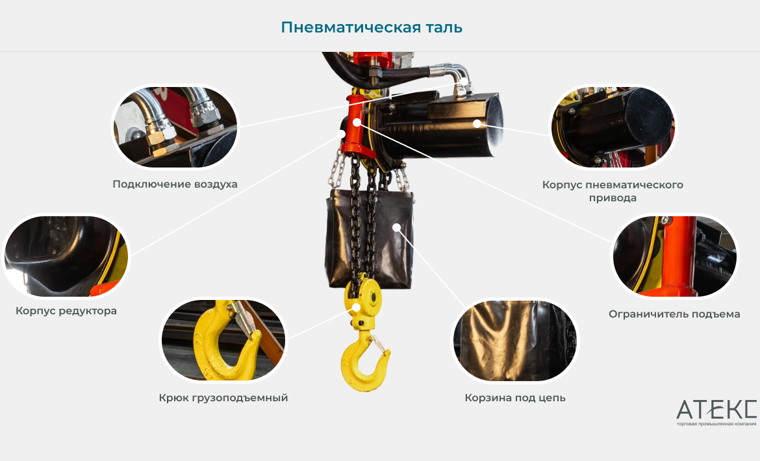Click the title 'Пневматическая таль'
(x=372, y=27)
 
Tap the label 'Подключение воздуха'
(x=175, y=184)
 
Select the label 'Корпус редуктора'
(x=66, y=311)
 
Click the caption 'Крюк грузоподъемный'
(x=223, y=397)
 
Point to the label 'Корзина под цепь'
(x=515, y=397)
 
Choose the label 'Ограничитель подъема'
(x=674, y=314)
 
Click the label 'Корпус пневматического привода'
(x=613, y=192)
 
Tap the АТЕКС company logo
(x=716, y=412)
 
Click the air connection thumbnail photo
(x=175, y=127)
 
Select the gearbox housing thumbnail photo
(x=66, y=256)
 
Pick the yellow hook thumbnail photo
(x=223, y=340)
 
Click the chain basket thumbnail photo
(x=515, y=340)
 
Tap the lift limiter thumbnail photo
(x=675, y=256)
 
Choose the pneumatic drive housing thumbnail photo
(x=613, y=127)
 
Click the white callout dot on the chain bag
(x=396, y=227)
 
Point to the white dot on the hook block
(x=356, y=307)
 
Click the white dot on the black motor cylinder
(x=477, y=123)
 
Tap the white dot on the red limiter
(x=357, y=122)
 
